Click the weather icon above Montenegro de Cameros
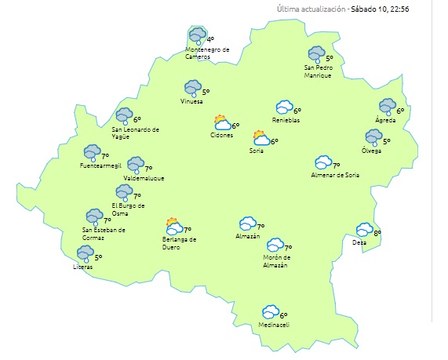pyautogui.click(x=197, y=36)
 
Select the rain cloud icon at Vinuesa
pyautogui.click(x=192, y=89)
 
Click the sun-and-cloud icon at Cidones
pyautogui.click(x=222, y=122)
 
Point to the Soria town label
pyautogui.click(x=256, y=151)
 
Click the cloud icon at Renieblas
pyautogui.click(x=284, y=108)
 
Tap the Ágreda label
pyautogui.click(x=384, y=120)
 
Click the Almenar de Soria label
pyautogui.click(x=335, y=174)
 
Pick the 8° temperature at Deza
pyautogui.click(x=377, y=233)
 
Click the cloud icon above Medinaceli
pyautogui.click(x=271, y=312)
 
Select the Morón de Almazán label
pyautogui.click(x=276, y=261)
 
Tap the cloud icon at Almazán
pyautogui.click(x=248, y=224)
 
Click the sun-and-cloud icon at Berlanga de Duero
pyautogui.click(x=173, y=227)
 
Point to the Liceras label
pyautogui.click(x=82, y=267)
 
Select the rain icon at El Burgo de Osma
pyautogui.click(x=124, y=192)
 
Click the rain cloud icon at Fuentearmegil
pyautogui.click(x=93, y=152)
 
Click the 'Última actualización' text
pyautogui.click(x=311, y=9)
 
